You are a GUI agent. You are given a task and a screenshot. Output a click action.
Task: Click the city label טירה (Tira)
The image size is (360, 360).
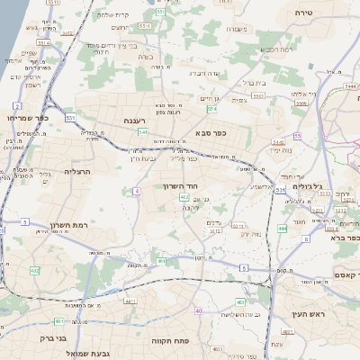(303, 13)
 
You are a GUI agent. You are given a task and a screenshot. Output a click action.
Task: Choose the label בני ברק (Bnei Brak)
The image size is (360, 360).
(54, 339)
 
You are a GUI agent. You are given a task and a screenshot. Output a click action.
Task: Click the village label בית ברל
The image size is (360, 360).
(255, 83)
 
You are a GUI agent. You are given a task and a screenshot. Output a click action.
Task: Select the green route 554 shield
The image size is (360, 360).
(211, 109)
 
